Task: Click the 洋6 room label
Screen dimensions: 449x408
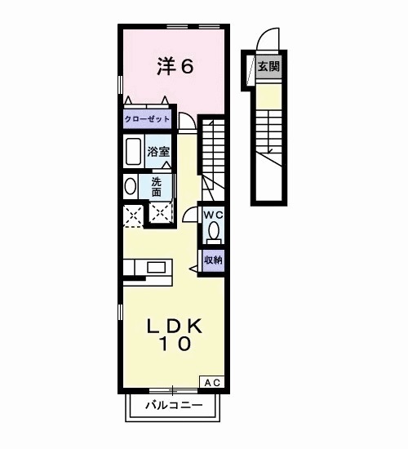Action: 175,66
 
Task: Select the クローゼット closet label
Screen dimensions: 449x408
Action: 148,119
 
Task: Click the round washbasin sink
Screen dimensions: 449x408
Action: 129,187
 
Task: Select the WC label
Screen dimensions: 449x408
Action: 213,215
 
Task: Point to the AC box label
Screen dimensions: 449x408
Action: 211,382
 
